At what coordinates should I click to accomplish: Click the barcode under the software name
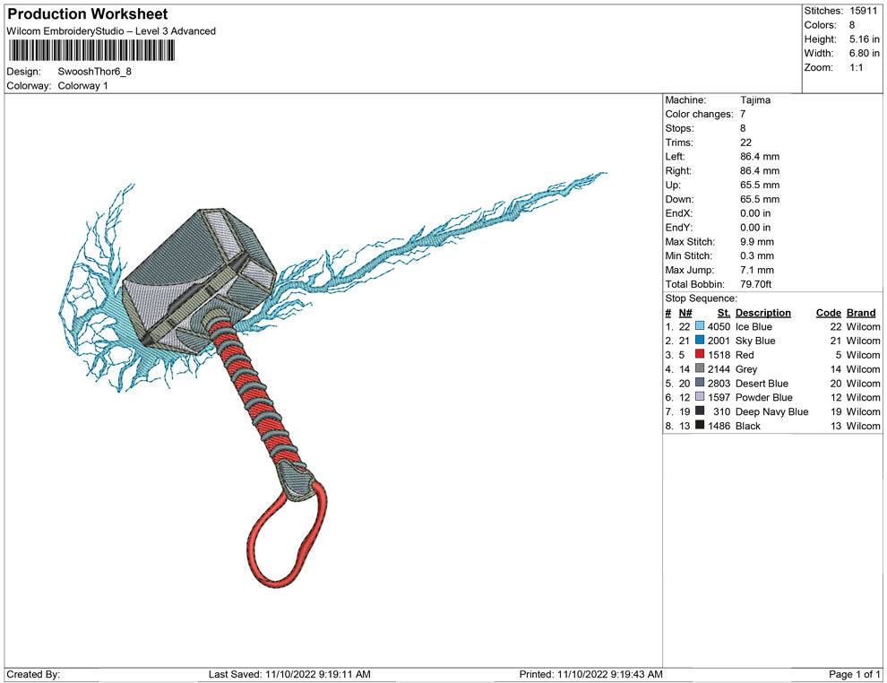click(90, 50)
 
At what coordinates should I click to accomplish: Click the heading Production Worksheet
click(88, 13)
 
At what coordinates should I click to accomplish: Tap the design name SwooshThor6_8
click(94, 72)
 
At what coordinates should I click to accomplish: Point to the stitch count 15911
click(863, 11)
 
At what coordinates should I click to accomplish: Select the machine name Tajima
click(755, 100)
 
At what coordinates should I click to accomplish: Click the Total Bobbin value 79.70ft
click(756, 284)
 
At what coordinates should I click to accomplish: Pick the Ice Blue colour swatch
click(700, 326)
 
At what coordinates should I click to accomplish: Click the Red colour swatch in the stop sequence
click(700, 354)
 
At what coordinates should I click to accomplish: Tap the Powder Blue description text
click(763, 397)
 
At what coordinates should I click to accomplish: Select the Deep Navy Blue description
click(771, 411)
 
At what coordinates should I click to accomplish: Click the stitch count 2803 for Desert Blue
click(719, 383)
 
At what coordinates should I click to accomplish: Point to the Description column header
click(763, 313)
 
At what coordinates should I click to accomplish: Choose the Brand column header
click(861, 313)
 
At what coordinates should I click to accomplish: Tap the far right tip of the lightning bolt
click(607, 173)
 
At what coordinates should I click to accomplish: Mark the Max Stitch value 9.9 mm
click(757, 242)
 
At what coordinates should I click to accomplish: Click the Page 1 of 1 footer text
click(854, 674)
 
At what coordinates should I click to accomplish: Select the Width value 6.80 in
click(864, 53)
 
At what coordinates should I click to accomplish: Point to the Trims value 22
click(746, 143)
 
